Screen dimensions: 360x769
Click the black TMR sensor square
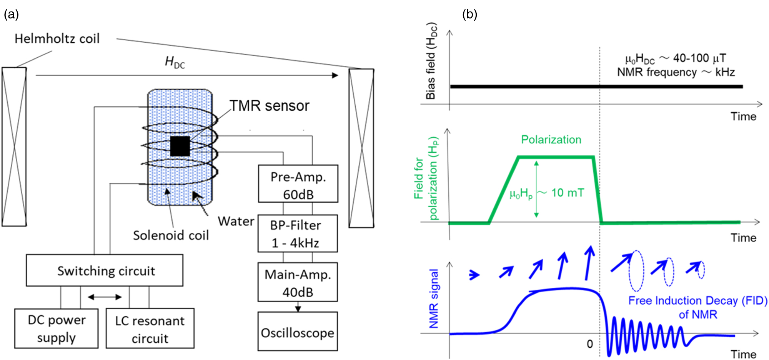pyautogui.click(x=180, y=146)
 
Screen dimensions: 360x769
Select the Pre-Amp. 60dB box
pyautogui.click(x=298, y=184)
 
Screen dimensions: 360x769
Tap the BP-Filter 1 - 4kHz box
pyautogui.click(x=297, y=233)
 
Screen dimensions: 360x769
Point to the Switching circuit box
pyautogui.click(x=105, y=270)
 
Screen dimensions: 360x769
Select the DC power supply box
pyautogui.click(x=56, y=328)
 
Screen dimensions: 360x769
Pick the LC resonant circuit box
pyautogui.click(x=150, y=328)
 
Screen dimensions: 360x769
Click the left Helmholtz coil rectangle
pyautogui.click(x=14, y=147)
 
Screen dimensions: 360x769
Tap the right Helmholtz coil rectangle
pyautogui.click(x=361, y=148)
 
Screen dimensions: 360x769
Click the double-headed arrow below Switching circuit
pyautogui.click(x=105, y=297)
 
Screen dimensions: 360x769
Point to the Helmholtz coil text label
pyautogui.click(x=57, y=39)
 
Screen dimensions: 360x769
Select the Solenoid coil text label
pyautogui.click(x=171, y=235)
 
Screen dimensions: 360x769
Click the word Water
pyautogui.click(x=236, y=222)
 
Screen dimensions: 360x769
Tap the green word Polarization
pyautogui.click(x=551, y=140)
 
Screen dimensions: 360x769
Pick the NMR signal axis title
pyautogui.click(x=434, y=299)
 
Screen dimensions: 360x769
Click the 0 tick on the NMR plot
pyautogui.click(x=590, y=344)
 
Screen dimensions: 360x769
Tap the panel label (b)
pyautogui.click(x=469, y=15)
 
